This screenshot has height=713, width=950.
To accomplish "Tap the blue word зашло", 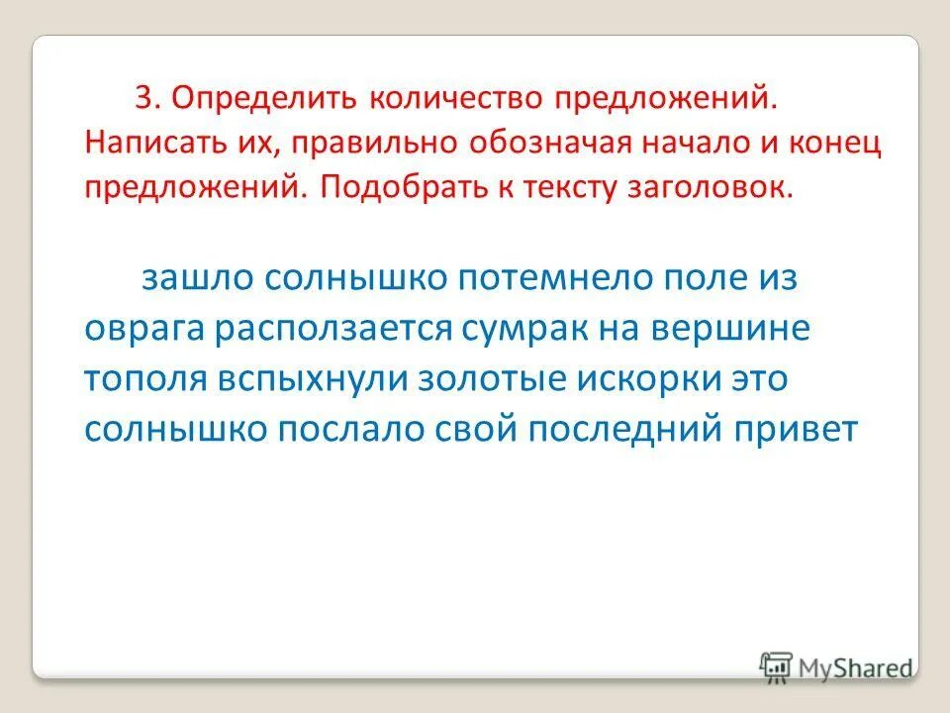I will [199, 278].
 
